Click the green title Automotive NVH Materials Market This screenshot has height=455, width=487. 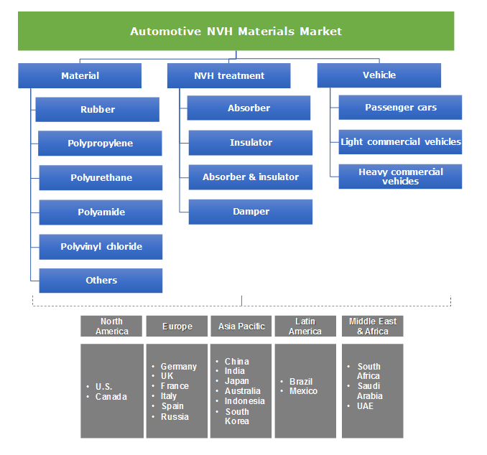[x=236, y=31]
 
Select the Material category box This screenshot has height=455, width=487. [x=80, y=75]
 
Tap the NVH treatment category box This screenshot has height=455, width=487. [x=229, y=75]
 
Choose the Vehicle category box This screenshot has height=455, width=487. [x=379, y=75]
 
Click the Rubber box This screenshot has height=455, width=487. [x=98, y=109]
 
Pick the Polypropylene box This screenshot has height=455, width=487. [x=100, y=144]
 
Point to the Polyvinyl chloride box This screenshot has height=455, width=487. [x=101, y=246]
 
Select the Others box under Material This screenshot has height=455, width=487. [x=101, y=280]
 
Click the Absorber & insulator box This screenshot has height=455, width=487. [x=250, y=177]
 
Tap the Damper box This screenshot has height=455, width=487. [x=250, y=211]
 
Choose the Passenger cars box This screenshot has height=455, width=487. [x=400, y=107]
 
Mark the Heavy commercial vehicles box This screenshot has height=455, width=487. [x=400, y=176]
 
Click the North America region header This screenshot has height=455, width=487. [x=111, y=326]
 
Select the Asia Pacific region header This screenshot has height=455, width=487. [x=241, y=326]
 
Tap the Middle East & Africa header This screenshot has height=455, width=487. [x=372, y=326]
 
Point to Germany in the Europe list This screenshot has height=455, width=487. [x=178, y=366]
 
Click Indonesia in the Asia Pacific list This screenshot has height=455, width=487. [x=244, y=401]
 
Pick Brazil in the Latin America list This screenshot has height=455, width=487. [x=301, y=381]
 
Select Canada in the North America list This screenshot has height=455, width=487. [x=111, y=397]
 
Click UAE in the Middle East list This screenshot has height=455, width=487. [x=365, y=406]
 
